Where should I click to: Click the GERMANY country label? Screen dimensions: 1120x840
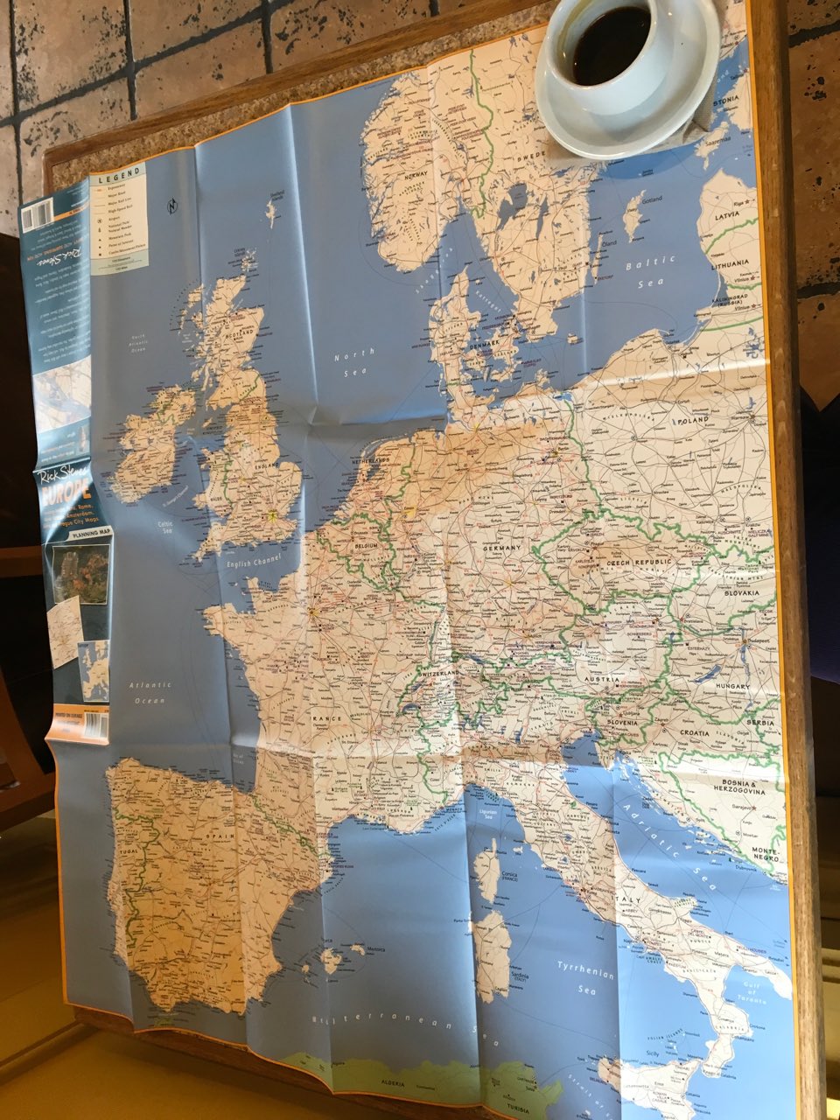501,547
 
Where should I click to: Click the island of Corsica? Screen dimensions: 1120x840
486,865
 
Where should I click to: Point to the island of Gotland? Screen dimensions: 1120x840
632,215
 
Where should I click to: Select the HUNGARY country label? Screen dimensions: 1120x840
733,687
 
